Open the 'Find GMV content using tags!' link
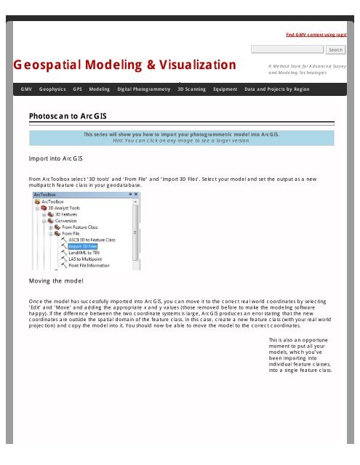pyautogui.click(x=315, y=34)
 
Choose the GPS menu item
pyautogui.click(x=76, y=89)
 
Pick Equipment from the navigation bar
pyautogui.click(x=225, y=89)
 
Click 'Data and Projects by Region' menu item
pyautogui.click(x=277, y=89)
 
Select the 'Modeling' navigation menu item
pyautogui.click(x=100, y=89)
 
